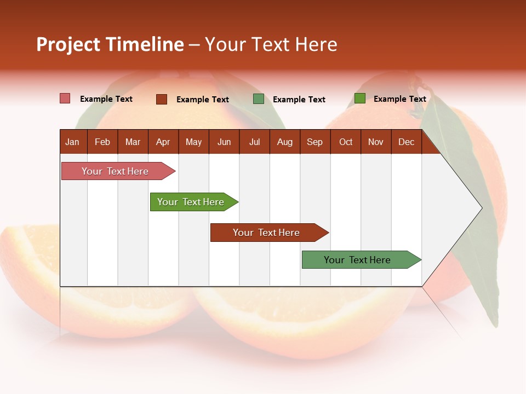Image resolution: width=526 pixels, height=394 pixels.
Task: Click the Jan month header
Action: (x=72, y=142)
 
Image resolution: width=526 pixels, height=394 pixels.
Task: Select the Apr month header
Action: (x=163, y=142)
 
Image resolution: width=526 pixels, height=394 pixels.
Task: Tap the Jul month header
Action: (x=254, y=142)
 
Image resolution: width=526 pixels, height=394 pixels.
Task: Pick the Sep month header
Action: (x=315, y=142)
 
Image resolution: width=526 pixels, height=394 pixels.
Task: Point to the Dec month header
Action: (x=406, y=142)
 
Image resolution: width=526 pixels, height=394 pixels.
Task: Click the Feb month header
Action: (x=102, y=142)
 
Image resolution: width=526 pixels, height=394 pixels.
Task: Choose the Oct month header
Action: (x=346, y=142)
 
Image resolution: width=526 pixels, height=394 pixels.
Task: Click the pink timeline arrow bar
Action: (x=116, y=171)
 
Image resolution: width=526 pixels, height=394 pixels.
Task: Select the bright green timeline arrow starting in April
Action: (x=191, y=202)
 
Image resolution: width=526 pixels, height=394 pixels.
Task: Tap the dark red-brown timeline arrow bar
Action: (x=267, y=233)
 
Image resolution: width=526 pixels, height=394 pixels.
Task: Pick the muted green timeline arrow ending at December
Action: (x=358, y=260)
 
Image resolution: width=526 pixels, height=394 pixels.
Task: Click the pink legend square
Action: (x=65, y=99)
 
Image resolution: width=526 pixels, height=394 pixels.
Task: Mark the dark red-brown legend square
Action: (x=161, y=99)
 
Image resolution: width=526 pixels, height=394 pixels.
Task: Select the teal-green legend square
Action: (x=259, y=99)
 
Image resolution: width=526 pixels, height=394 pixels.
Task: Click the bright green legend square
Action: (x=359, y=99)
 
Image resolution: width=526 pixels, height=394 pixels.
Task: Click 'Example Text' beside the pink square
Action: (x=106, y=99)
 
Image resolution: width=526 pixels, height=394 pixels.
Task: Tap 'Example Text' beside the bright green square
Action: (x=400, y=99)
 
